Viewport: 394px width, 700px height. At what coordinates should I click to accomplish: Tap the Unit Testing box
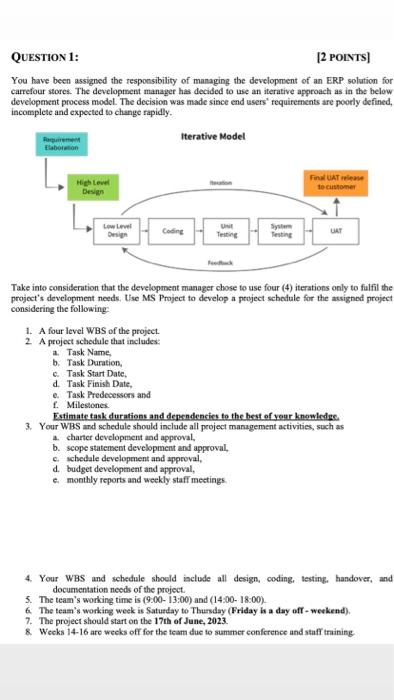pyautogui.click(x=229, y=230)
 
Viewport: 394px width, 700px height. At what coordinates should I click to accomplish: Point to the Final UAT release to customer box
pyautogui.click(x=339, y=181)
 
